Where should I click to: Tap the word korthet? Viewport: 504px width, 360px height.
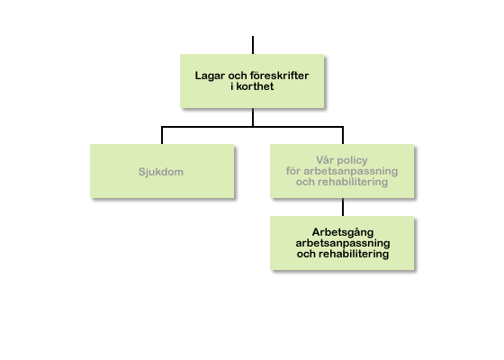click(x=255, y=86)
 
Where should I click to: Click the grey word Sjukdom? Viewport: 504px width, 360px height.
click(x=161, y=172)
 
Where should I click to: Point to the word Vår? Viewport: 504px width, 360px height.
click(x=324, y=160)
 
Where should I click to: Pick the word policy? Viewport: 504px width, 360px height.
click(x=352, y=161)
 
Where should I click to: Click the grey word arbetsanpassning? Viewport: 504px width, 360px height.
click(x=351, y=171)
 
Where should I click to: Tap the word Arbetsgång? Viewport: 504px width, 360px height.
click(x=343, y=232)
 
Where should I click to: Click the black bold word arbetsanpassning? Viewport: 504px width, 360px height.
click(x=343, y=243)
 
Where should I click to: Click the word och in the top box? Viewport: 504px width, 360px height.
click(x=238, y=76)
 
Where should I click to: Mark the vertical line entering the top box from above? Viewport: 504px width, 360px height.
click(x=253, y=45)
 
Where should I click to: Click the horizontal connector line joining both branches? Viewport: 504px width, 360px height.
click(x=252, y=127)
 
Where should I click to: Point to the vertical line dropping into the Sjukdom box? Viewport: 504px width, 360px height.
click(x=162, y=135)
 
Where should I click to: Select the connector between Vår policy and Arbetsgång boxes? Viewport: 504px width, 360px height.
click(x=343, y=207)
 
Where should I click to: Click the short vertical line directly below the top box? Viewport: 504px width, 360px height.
click(x=253, y=117)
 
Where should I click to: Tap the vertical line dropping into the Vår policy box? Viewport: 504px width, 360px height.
click(x=343, y=135)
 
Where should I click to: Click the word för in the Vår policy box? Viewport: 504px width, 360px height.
click(x=292, y=171)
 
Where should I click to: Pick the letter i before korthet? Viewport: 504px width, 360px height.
click(x=232, y=86)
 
